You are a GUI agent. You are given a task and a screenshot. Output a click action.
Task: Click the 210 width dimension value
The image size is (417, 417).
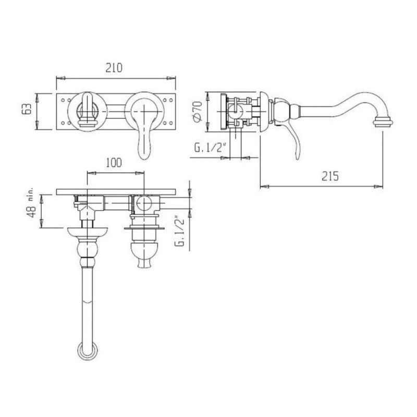coord(114,68)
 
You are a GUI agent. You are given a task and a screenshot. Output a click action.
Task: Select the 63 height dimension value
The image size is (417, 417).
coord(27,109)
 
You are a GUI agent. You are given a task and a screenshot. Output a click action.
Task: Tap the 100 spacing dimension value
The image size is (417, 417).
coord(114,163)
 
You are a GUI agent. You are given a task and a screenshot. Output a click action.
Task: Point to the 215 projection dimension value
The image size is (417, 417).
coord(330,176)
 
